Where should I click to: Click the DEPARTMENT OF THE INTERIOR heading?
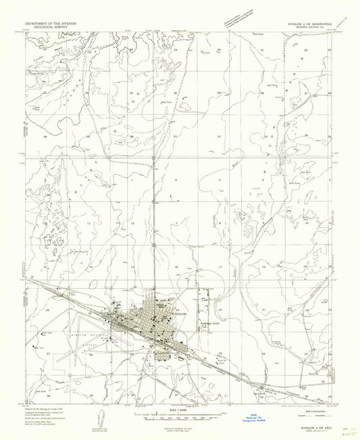[50, 23]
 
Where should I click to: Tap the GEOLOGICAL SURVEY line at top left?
[50, 27]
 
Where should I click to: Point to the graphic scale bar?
[180, 416]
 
